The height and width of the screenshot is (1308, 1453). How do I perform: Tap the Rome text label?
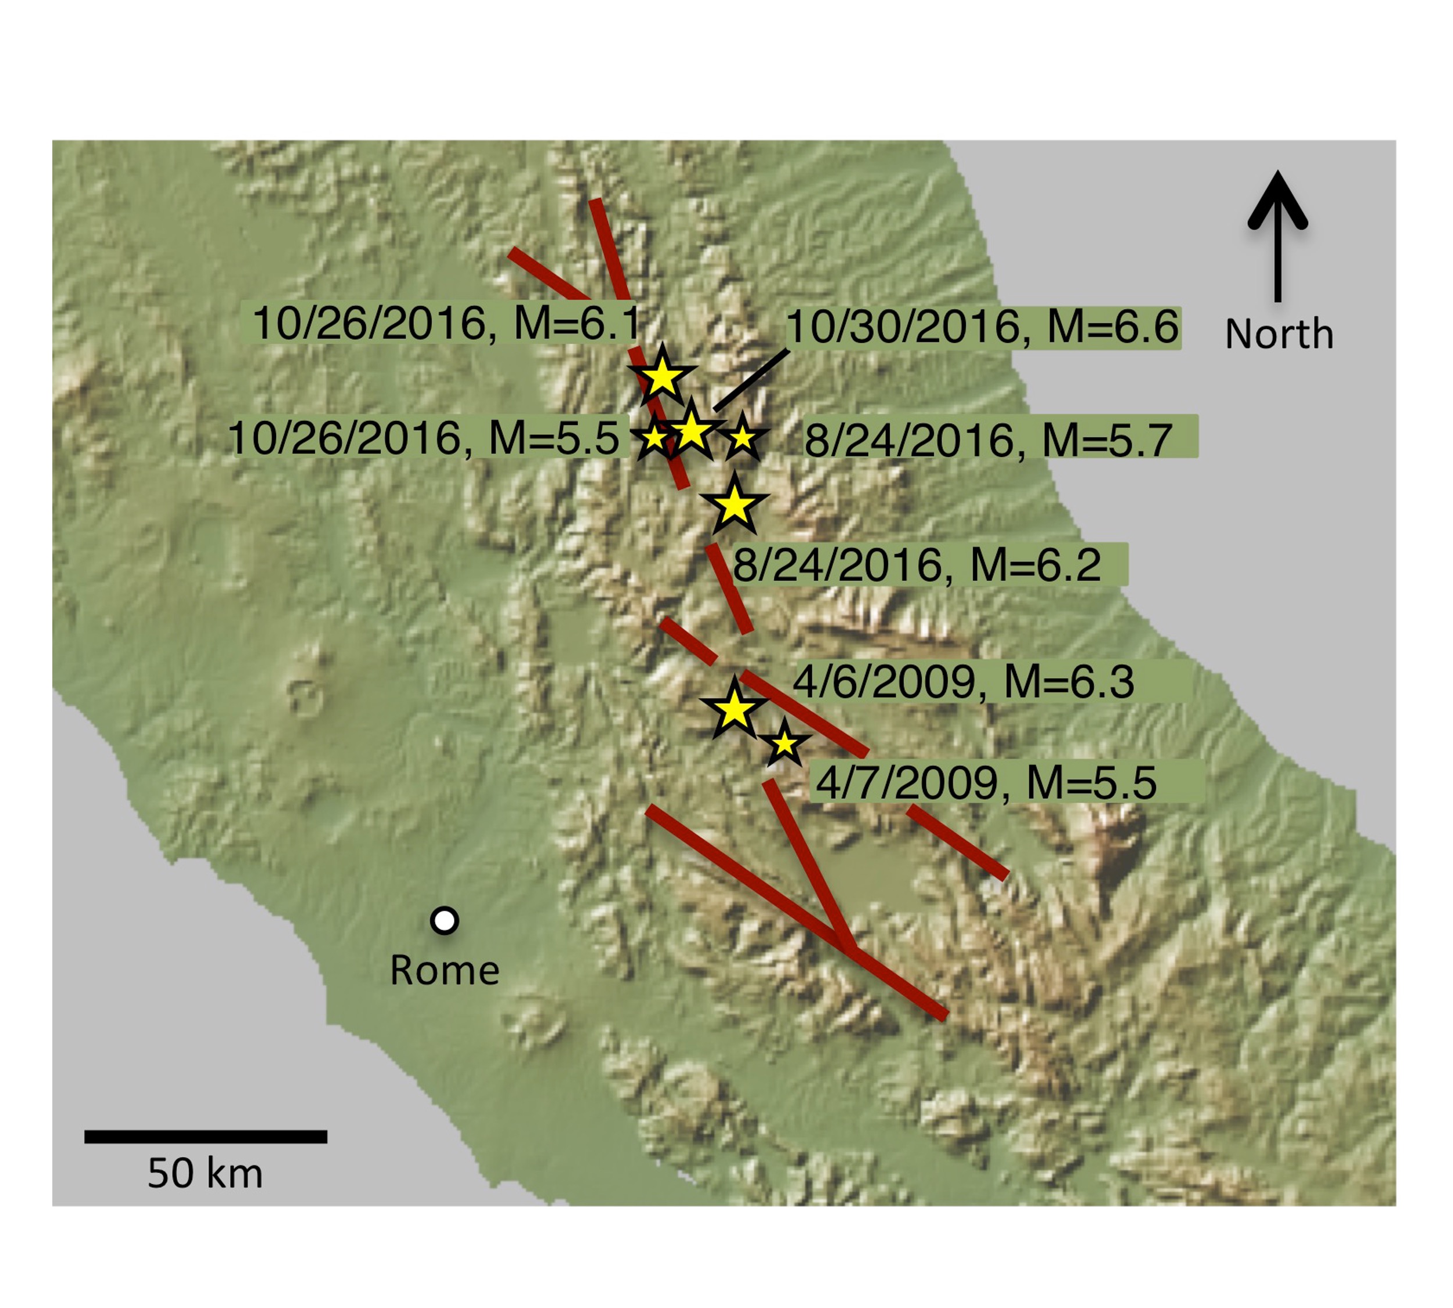(x=444, y=970)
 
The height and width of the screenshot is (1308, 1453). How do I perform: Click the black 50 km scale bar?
(x=206, y=1137)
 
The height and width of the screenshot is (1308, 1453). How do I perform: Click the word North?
(x=1279, y=334)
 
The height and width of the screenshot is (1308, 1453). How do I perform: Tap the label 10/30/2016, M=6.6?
(x=983, y=328)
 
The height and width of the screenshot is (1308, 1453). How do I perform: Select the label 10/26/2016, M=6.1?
(x=446, y=323)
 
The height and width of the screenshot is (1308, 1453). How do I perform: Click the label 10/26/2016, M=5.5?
(x=424, y=438)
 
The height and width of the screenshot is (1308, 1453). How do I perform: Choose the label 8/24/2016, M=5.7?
(x=988, y=440)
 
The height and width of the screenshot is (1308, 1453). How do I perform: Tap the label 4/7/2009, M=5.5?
(x=986, y=782)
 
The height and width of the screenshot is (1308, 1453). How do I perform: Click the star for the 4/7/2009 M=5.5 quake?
(x=785, y=745)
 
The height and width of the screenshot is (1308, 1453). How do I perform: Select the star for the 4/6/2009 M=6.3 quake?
(x=733, y=710)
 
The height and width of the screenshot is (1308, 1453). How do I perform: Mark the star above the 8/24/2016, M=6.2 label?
(x=733, y=505)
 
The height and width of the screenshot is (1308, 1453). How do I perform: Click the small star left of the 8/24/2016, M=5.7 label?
(x=742, y=438)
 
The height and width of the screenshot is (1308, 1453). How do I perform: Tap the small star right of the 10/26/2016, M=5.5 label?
(x=654, y=438)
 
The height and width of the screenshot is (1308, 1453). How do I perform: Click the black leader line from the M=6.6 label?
(x=751, y=381)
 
